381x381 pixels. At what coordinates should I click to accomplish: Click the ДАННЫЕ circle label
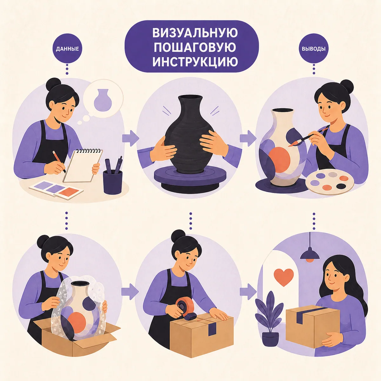[x=67, y=49]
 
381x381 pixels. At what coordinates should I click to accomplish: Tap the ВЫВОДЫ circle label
[x=314, y=49]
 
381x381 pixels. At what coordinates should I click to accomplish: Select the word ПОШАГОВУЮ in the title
[x=195, y=48]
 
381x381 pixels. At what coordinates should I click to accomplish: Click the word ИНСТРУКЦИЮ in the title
[x=195, y=62]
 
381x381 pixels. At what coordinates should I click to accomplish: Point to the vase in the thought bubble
[x=103, y=100]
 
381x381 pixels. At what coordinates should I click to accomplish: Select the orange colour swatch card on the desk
[x=69, y=192]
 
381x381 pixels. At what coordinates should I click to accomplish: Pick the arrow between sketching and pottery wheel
[x=130, y=138]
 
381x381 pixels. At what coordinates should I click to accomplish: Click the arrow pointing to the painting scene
[x=248, y=138]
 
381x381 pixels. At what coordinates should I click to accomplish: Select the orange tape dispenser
[x=185, y=308]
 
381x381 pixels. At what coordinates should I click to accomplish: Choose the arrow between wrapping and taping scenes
[x=130, y=291]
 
